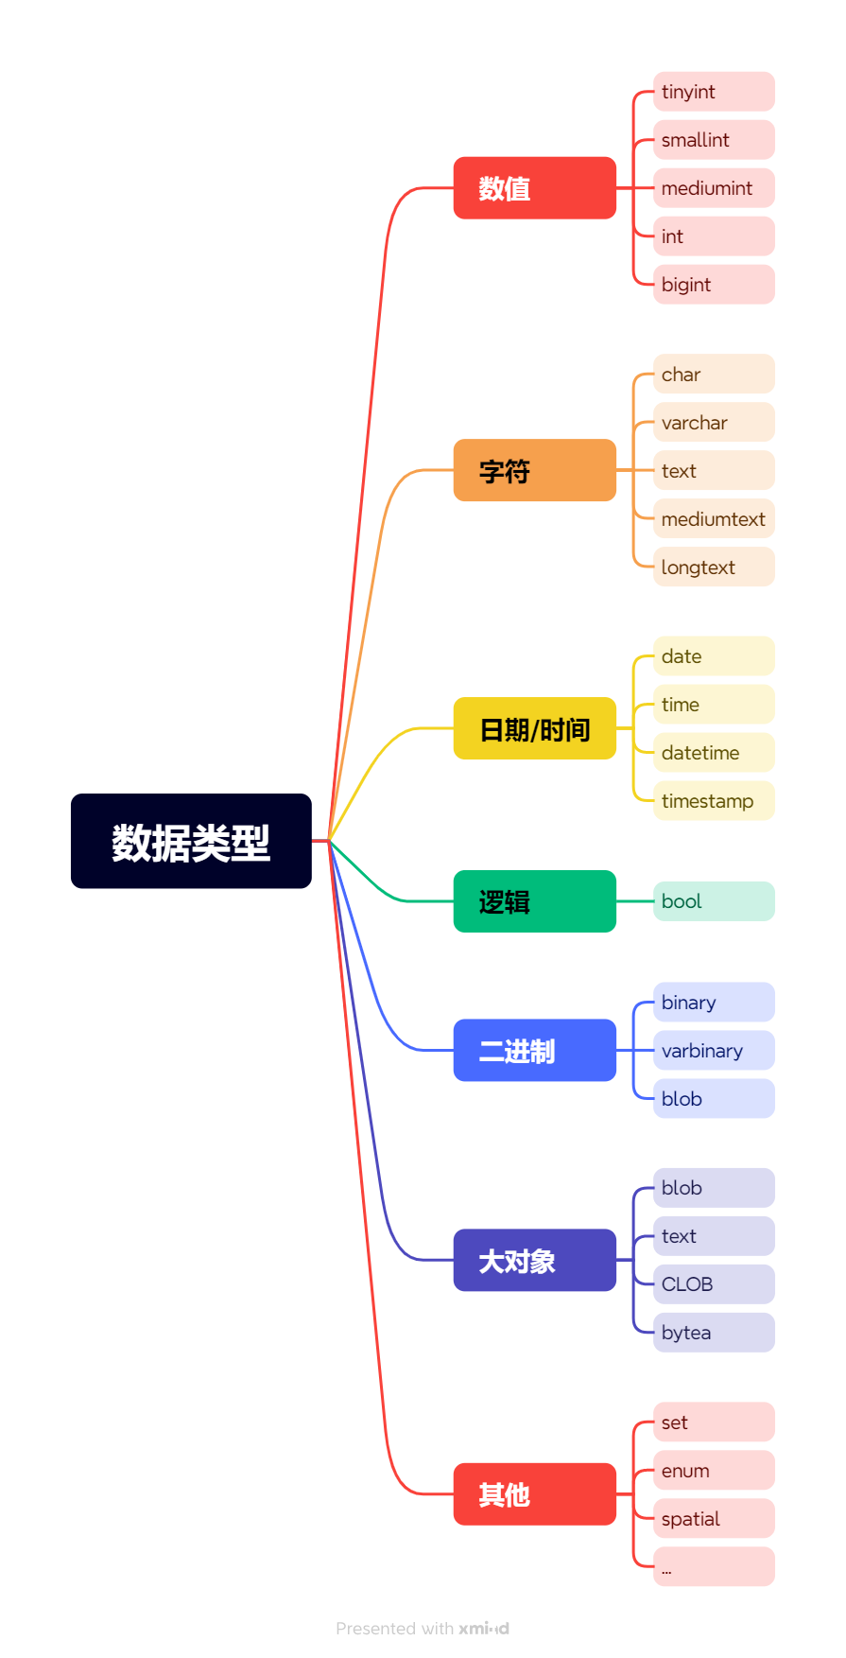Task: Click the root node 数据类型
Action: click(191, 841)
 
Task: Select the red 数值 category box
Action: click(534, 188)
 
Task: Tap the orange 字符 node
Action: click(534, 470)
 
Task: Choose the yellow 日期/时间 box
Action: click(534, 728)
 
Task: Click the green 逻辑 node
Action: click(534, 901)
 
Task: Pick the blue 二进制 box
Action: click(534, 1050)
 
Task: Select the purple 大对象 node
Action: click(534, 1260)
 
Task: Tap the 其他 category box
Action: click(534, 1494)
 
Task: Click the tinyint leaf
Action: click(714, 92)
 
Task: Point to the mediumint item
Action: click(714, 188)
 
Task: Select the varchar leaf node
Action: click(714, 423)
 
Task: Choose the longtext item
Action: click(714, 567)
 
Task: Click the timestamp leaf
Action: click(714, 801)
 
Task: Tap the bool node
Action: click(714, 901)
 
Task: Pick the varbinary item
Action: click(714, 1051)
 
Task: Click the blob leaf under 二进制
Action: click(714, 1099)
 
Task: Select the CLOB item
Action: click(714, 1284)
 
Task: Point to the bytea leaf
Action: click(714, 1333)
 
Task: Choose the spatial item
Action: click(714, 1519)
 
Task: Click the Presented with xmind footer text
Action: click(423, 1629)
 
